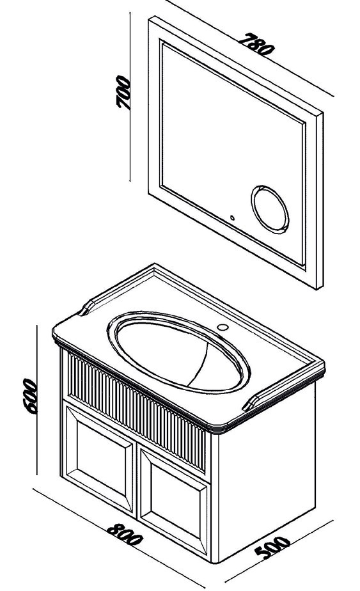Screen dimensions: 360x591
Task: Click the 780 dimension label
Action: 257,43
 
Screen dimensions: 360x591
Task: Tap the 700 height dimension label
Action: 123,92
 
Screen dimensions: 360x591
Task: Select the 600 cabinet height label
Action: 29,396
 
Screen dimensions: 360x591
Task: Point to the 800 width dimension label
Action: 125,534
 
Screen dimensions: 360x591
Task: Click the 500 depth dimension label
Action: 272,547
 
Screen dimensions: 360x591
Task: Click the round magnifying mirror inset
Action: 270,209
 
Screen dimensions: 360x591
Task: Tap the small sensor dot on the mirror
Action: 232,217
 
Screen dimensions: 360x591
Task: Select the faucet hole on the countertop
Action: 223,327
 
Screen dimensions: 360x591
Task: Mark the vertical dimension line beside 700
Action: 130,97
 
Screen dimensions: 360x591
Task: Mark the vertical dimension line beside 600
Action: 36,400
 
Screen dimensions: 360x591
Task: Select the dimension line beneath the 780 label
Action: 249,48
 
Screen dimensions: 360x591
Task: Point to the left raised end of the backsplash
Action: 88,307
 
